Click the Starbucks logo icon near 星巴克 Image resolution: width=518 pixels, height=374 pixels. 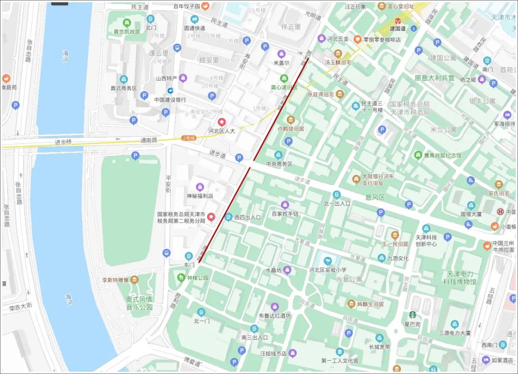pyautogui.click(x=412, y=315)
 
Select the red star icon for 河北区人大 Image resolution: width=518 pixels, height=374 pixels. pyautogui.click(x=221, y=122)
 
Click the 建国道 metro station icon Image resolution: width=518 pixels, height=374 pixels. pyautogui.click(x=398, y=21)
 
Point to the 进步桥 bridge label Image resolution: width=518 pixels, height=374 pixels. pyautogui.click(x=63, y=142)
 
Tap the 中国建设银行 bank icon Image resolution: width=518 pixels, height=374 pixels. pyautogui.click(x=170, y=91)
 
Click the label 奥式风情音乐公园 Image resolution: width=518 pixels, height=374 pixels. pyautogui.click(x=139, y=303)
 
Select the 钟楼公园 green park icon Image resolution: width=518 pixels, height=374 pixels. pyautogui.click(x=181, y=277)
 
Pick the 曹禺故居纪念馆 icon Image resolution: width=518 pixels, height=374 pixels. pyautogui.click(x=418, y=155)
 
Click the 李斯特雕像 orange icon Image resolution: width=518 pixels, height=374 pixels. pyautogui.click(x=135, y=280)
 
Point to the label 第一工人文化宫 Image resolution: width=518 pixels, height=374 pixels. pyautogui.click(x=340, y=360)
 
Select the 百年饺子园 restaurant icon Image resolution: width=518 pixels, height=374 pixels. pyautogui.click(x=205, y=6)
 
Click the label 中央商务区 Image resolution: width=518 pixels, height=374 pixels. pyautogui.click(x=279, y=164)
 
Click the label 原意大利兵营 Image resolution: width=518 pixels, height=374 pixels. pyautogui.click(x=435, y=78)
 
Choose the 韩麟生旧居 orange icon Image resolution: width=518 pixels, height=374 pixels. pyautogui.click(x=352, y=304)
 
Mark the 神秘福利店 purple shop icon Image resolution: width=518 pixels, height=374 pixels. pyautogui.click(x=200, y=187)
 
